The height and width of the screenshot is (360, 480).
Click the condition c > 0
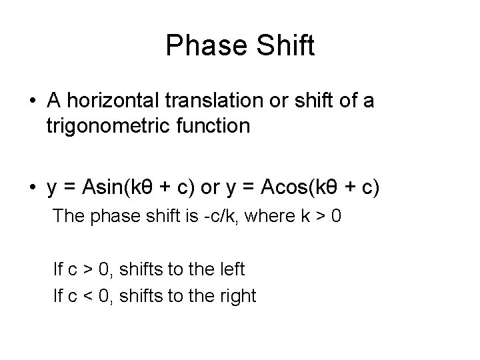coord(89,270)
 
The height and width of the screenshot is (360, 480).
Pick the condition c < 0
coord(89,295)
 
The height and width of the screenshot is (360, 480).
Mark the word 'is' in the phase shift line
coord(181,216)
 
